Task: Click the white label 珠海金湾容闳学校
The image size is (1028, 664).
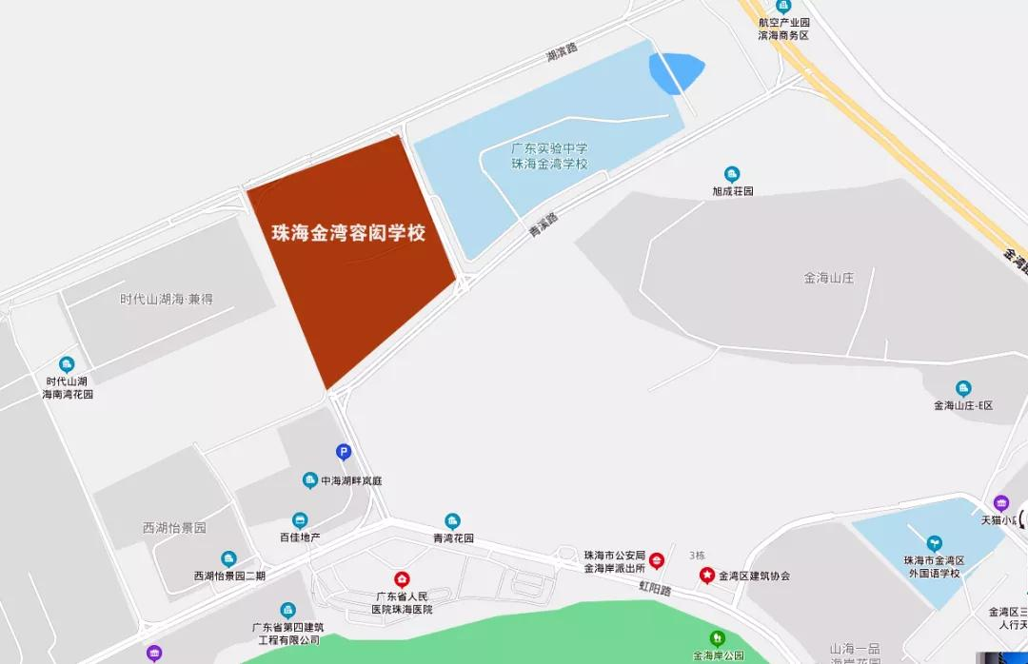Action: click(x=348, y=233)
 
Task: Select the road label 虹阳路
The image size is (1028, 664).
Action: click(x=655, y=590)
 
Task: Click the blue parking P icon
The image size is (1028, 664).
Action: click(x=344, y=452)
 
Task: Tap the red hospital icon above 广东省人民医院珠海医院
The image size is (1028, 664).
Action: click(x=402, y=578)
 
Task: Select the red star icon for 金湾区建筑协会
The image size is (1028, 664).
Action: click(x=706, y=575)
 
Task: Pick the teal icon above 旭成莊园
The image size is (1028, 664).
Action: click(x=732, y=174)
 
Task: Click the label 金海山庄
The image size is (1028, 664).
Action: click(x=829, y=278)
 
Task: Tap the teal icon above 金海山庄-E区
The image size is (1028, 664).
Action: click(x=963, y=388)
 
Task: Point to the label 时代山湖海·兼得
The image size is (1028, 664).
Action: click(x=167, y=299)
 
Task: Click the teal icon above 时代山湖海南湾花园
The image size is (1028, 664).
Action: click(x=67, y=364)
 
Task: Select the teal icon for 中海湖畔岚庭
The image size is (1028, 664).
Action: click(x=309, y=480)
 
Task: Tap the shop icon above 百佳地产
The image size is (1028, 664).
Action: click(x=300, y=520)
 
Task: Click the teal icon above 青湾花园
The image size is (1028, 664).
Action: click(x=452, y=520)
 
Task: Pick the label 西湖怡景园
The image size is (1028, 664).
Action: click(x=174, y=527)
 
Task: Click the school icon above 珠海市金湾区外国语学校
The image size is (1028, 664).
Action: click(x=934, y=543)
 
